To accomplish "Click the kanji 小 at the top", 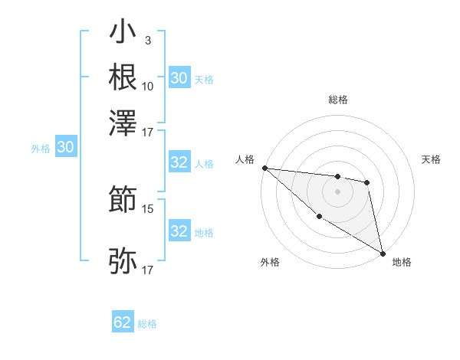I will coord(123,34).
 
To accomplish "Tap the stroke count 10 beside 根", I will coord(148,86).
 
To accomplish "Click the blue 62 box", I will coord(123,322).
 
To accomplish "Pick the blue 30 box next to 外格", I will coord(65,148).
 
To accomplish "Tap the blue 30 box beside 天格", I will coord(179,78).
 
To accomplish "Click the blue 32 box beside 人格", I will coord(179,162).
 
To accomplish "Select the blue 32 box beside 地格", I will coord(179,231).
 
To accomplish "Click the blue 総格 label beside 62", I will coord(147,324).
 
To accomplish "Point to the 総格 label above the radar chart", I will coord(337,100).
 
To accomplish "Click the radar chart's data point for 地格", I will coord(383,253).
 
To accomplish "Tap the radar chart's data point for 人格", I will coord(264,168).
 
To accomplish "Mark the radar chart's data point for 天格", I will coord(367,182).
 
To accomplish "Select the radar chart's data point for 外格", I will coord(319,217).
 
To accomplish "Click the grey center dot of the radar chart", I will coord(337,191).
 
